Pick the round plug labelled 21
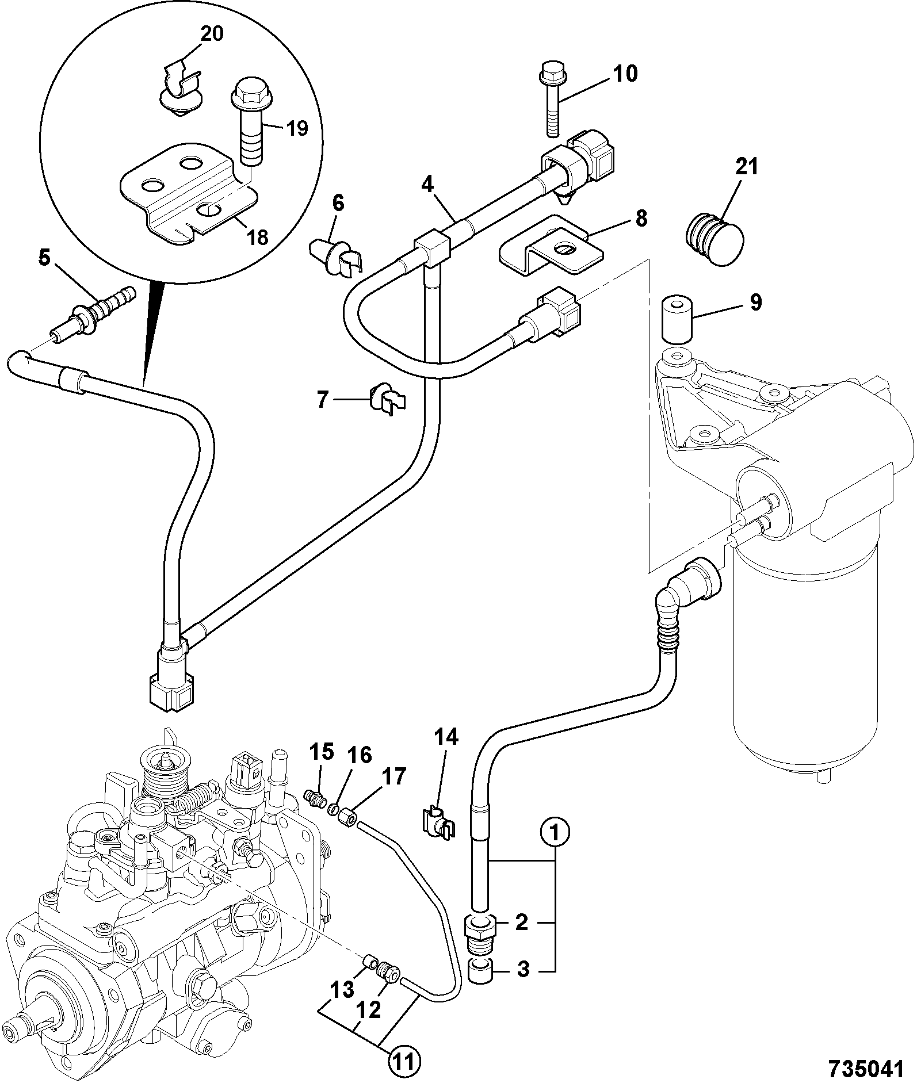click(716, 239)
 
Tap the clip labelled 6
click(337, 256)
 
